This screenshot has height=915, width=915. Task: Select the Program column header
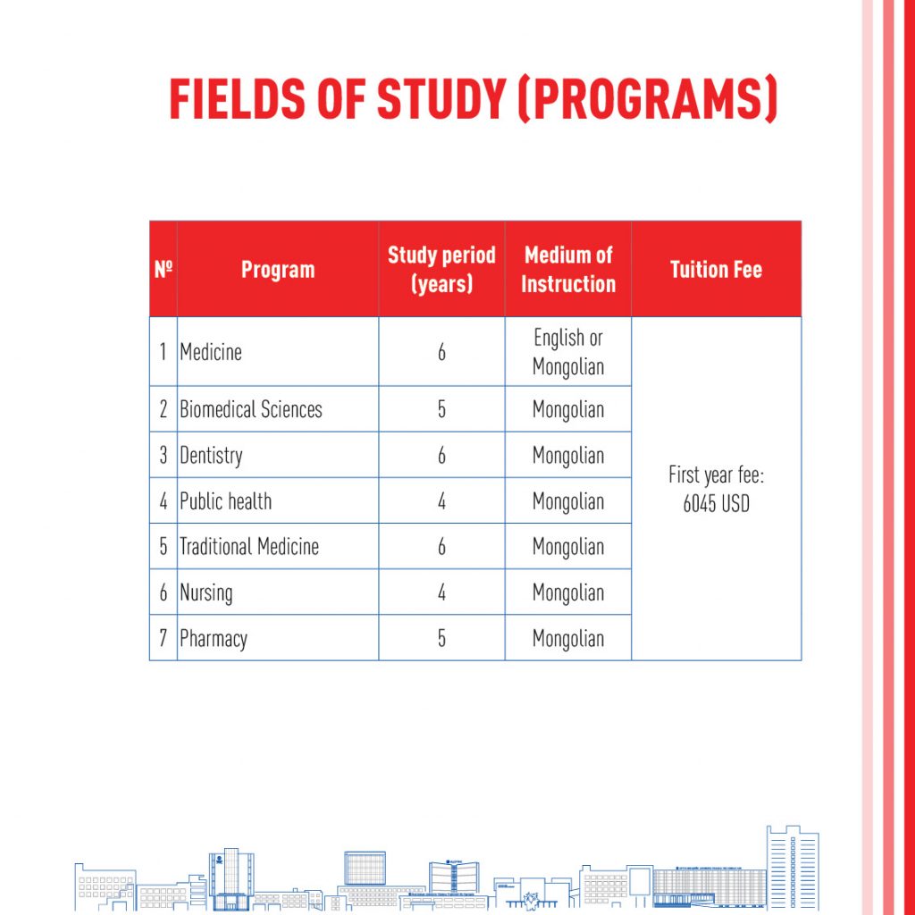coord(278,270)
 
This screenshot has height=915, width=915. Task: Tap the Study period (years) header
coord(441,270)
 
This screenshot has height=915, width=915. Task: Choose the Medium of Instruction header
coord(568,270)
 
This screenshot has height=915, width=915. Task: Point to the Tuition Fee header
coord(716,270)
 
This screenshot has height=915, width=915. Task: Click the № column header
coord(163,269)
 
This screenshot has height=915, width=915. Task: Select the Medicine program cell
coord(211,352)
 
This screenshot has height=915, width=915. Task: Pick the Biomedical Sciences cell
coord(251,410)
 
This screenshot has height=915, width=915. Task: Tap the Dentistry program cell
coord(211,456)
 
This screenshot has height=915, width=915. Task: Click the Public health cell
coord(226,501)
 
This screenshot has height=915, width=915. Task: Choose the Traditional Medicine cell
coord(249,547)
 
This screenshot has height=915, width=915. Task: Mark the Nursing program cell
coord(206,592)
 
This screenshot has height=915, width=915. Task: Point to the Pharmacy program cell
coord(214,639)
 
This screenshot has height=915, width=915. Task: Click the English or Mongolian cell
coord(568,352)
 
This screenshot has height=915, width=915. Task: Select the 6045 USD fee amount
coord(716,504)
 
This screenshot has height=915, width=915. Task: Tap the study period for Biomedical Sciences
coord(441,410)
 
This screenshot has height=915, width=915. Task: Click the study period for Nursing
coord(441,592)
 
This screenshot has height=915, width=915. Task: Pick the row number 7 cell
coord(163,639)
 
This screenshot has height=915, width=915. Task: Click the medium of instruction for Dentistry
coord(568,456)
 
